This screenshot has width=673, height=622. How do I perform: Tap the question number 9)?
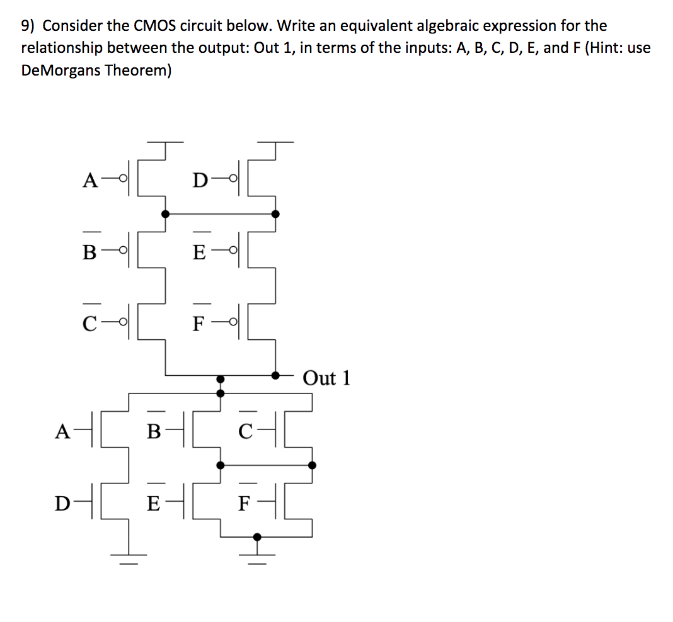[x=29, y=26]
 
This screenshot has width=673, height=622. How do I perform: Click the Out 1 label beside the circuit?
[x=326, y=378]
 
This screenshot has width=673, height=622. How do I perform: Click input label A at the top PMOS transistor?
[x=90, y=181]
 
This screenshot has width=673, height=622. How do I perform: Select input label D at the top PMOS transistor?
[x=199, y=181]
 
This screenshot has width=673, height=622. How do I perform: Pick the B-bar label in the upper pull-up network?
[x=90, y=253]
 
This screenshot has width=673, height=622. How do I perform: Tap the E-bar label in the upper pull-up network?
[x=199, y=253]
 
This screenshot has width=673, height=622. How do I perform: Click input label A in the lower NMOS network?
[x=62, y=431]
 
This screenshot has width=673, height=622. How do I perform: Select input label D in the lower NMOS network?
[x=62, y=504]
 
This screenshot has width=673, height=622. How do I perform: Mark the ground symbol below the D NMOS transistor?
[x=129, y=554]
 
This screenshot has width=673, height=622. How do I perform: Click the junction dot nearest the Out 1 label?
[x=275, y=375]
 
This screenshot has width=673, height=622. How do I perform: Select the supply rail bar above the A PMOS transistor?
[x=166, y=142]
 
